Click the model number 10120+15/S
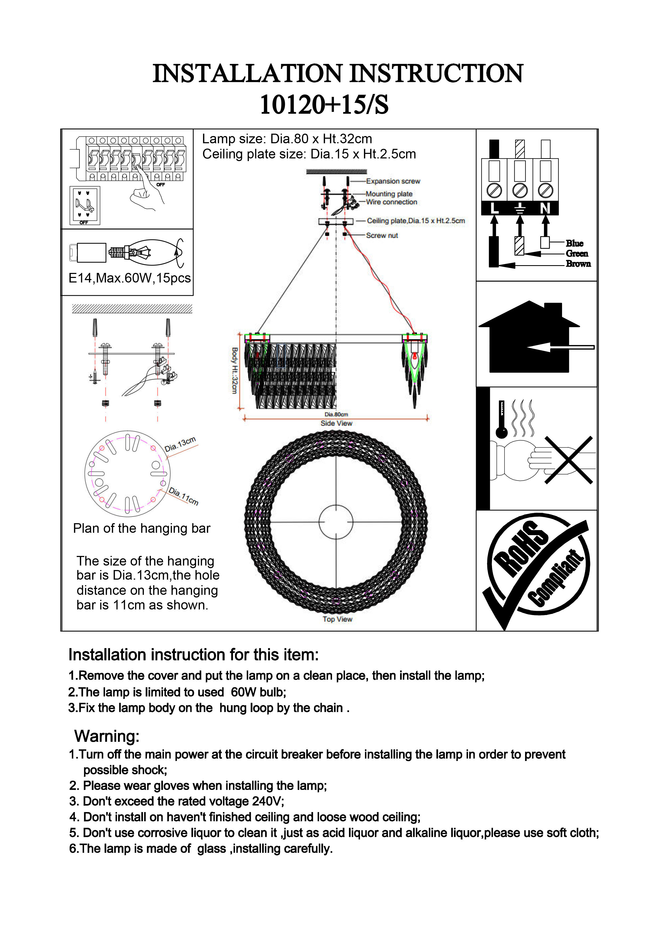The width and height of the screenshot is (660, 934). [x=324, y=105]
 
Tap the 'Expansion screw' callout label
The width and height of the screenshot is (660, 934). [x=393, y=181]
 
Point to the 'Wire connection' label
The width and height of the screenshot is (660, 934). [x=391, y=202]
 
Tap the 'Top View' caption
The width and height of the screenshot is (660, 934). [x=337, y=619]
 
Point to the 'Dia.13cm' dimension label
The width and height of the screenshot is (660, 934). [x=180, y=444]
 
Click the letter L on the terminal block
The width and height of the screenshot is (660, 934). [x=494, y=208]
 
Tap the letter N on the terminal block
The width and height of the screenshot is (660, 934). [x=545, y=208]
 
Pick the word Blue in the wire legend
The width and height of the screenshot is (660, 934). [x=574, y=243]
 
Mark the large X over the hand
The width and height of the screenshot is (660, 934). [x=568, y=460]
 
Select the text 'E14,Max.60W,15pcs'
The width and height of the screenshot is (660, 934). [x=129, y=278]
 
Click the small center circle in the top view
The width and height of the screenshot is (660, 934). [x=336, y=522]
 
